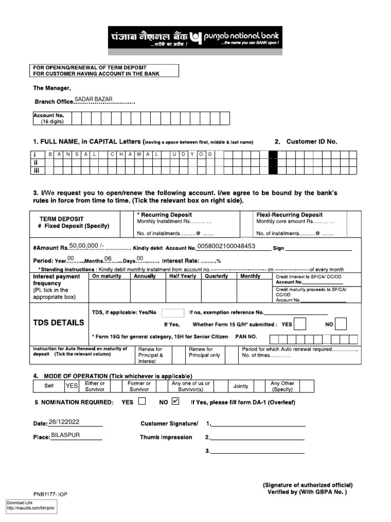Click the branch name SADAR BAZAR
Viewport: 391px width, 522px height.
(94, 99)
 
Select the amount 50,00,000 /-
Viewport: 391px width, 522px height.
(87, 245)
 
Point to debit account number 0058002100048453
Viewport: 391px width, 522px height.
(234, 247)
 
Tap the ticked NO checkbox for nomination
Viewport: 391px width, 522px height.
(176, 401)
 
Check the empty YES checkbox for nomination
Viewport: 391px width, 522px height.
(142, 401)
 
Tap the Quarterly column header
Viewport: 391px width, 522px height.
(215, 276)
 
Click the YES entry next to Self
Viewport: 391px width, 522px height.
(71, 386)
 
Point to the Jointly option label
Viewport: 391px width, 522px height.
(240, 386)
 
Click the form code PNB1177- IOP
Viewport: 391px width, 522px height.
(51, 494)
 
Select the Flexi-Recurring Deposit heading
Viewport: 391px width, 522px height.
(289, 215)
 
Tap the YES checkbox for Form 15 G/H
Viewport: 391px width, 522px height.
(300, 324)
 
